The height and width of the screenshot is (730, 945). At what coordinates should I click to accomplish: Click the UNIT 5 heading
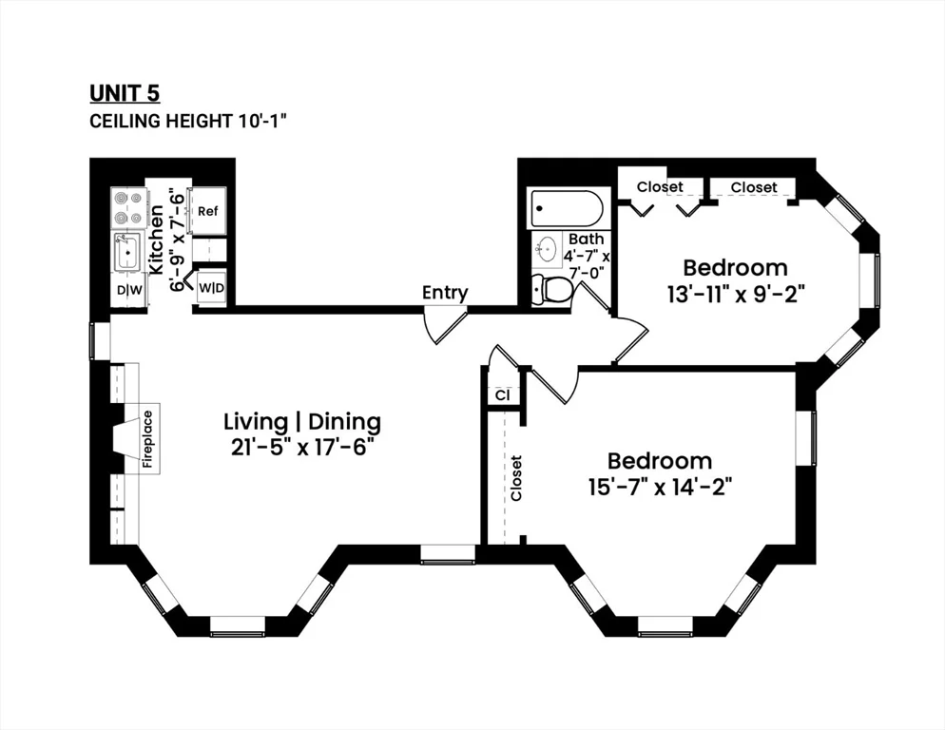pyautogui.click(x=125, y=92)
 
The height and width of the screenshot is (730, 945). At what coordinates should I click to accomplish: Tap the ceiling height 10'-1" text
pyautogui.click(x=188, y=121)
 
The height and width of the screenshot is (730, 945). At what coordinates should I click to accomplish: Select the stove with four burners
pyautogui.click(x=127, y=207)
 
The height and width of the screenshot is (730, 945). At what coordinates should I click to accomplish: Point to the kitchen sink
pyautogui.click(x=126, y=254)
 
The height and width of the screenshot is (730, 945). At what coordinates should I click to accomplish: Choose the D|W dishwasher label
pyautogui.click(x=127, y=289)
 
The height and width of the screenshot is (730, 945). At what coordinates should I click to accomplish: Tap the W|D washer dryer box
pyautogui.click(x=211, y=286)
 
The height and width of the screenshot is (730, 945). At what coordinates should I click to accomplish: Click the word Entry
pyautogui.click(x=445, y=292)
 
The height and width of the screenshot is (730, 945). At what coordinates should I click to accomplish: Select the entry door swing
pyautogui.click(x=443, y=325)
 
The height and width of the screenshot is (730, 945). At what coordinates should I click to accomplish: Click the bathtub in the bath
pyautogui.click(x=568, y=208)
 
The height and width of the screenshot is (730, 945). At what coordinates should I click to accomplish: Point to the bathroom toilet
pyautogui.click(x=550, y=288)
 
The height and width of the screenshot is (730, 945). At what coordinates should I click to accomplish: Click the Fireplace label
pyautogui.click(x=148, y=439)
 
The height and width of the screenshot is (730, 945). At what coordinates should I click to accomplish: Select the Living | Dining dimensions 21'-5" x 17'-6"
pyautogui.click(x=301, y=447)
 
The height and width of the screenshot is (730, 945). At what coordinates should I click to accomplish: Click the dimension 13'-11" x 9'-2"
pyautogui.click(x=736, y=294)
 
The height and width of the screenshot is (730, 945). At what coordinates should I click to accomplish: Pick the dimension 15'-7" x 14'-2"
pyautogui.click(x=660, y=487)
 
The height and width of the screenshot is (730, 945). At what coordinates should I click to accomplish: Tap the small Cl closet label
pyautogui.click(x=501, y=394)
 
